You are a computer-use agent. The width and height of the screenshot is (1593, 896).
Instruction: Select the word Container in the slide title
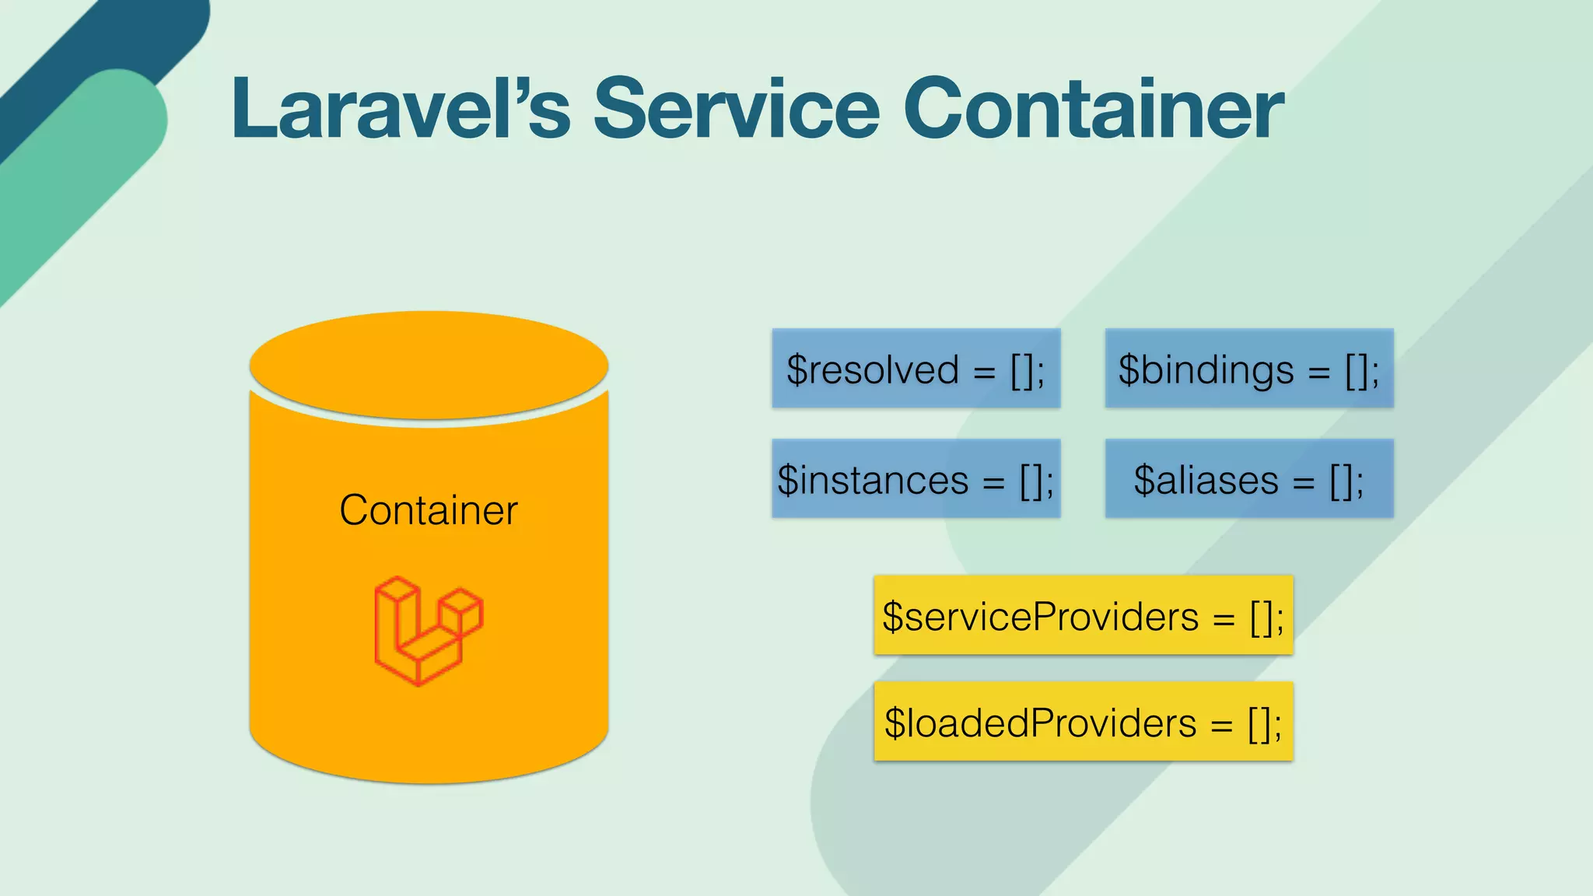(x=1093, y=109)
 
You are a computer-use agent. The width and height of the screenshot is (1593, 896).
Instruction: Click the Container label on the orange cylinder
(x=429, y=510)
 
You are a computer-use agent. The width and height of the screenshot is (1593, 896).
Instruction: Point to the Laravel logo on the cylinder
(x=429, y=631)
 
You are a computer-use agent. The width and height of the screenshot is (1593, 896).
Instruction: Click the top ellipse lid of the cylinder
(x=429, y=364)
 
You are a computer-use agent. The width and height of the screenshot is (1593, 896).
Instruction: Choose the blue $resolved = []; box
(x=916, y=368)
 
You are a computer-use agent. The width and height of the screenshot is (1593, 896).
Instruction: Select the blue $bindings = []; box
(x=1249, y=368)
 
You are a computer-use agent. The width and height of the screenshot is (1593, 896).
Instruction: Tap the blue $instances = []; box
(x=916, y=478)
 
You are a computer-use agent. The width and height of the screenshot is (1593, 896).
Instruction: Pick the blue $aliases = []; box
(x=1249, y=478)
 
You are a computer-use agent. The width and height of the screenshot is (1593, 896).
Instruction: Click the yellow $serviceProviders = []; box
(x=1084, y=615)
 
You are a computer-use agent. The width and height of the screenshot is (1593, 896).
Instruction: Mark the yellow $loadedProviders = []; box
(x=1084, y=722)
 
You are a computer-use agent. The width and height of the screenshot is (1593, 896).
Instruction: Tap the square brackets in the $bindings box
(x=1357, y=371)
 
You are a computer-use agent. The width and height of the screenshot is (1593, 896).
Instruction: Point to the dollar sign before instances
(x=788, y=480)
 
